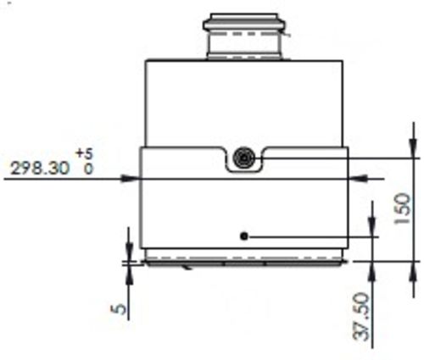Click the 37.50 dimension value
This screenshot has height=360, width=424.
pyautogui.click(x=363, y=315)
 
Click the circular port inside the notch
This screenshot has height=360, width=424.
pyautogui.click(x=244, y=156)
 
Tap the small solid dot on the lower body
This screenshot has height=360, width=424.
pyautogui.click(x=244, y=236)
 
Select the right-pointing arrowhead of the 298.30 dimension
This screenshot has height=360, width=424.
pyautogui.click(x=132, y=178)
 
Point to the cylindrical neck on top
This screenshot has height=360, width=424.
pyautogui.click(x=246, y=38)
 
